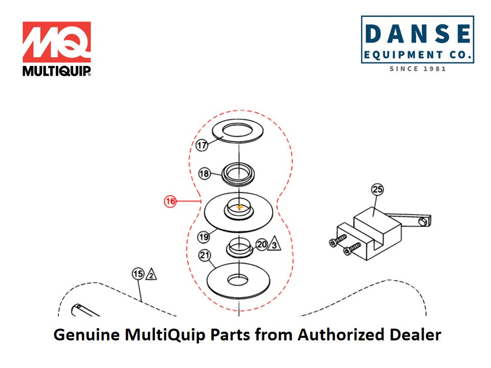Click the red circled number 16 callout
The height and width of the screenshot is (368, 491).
pyautogui.click(x=170, y=201)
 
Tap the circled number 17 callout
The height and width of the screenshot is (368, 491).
pyautogui.click(x=202, y=146)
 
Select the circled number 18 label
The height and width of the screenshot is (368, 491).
pyautogui.click(x=204, y=174)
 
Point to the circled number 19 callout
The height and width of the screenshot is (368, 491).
pyautogui.click(x=204, y=237)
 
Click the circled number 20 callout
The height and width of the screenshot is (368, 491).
pyautogui.click(x=261, y=245)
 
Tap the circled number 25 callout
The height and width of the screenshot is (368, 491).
pyautogui.click(x=377, y=190)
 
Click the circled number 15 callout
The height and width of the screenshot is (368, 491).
pyautogui.click(x=138, y=274)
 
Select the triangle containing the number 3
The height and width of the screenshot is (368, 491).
pyautogui.click(x=275, y=245)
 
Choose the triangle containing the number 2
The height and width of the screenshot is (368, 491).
pyautogui.click(x=151, y=275)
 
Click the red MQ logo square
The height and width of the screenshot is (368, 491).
pyautogui.click(x=56, y=42)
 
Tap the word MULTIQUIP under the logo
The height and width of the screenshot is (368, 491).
pyautogui.click(x=56, y=71)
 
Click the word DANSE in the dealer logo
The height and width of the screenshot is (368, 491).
pyautogui.click(x=417, y=34)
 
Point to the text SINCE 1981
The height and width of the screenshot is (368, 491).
pyautogui.click(x=417, y=68)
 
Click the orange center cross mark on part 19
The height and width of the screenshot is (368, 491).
pyautogui.click(x=239, y=207)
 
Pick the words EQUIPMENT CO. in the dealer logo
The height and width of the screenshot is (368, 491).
pyautogui.click(x=417, y=54)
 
